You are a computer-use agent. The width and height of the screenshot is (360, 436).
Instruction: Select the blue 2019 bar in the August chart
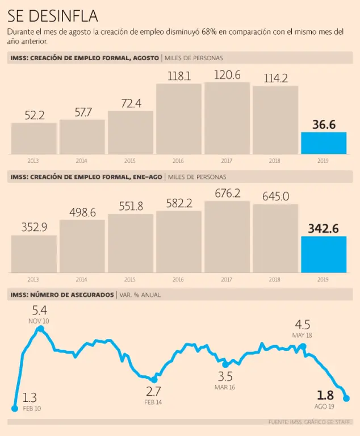tap(323, 142)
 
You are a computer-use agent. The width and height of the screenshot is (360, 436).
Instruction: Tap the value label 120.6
tap(227, 75)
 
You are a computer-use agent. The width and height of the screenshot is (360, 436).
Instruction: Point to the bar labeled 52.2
tap(34, 138)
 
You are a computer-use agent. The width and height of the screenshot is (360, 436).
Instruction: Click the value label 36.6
tap(323, 124)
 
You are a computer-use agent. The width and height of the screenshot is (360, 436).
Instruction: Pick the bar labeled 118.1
tap(178, 119)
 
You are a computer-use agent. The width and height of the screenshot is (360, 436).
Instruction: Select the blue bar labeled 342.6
tap(323, 254)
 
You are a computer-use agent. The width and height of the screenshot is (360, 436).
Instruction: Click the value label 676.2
tap(227, 194)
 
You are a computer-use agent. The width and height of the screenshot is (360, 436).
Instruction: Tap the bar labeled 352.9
tap(34, 254)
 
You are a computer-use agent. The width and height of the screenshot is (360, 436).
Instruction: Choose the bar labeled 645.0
tap(275, 238)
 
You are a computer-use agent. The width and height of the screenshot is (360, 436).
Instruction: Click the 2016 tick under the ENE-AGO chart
tap(179, 280)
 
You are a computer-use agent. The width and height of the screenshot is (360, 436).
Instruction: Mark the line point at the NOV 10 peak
tap(40, 329)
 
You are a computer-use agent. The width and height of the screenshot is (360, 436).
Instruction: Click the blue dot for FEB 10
tap(15, 408)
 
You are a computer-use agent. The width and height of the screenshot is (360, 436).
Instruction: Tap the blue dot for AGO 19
tap(346, 399)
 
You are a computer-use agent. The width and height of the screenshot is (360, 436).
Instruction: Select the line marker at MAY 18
tap(303, 346)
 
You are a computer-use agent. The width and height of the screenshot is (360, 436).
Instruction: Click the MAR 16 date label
tap(225, 387)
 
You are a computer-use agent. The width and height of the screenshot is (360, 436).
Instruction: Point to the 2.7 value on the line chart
tap(153, 391)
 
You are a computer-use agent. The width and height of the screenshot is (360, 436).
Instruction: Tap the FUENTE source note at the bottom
tap(310, 422)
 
